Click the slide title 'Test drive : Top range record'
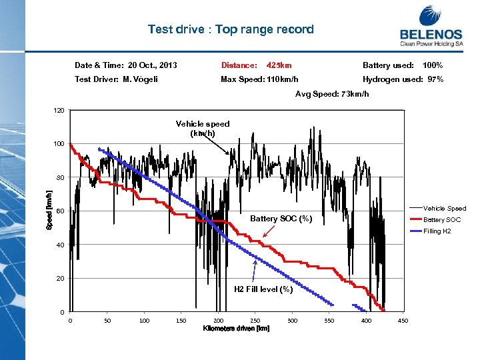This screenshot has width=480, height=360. tap(231, 29)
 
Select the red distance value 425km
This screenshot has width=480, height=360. tap(279, 65)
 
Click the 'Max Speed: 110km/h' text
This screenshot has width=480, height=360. tap(259, 79)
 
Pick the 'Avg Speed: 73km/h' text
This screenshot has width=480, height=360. tap(332, 94)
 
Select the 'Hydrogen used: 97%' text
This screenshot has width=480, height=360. tap(403, 79)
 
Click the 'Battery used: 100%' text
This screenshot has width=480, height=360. tap(403, 65)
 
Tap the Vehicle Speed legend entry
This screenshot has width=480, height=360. tap(445, 209)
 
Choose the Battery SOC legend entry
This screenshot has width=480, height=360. tap(442, 220)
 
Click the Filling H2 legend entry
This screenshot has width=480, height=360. tap(437, 231)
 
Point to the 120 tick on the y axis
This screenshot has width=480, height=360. tap(59, 110)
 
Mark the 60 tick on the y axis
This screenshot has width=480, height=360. tap(60, 211)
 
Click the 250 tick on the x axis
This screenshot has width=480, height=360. tap(255, 321)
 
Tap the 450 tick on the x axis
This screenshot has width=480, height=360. tap(403, 321)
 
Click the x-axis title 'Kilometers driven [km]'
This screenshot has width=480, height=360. tap(236, 329)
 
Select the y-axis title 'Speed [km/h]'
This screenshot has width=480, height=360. tap(49, 211)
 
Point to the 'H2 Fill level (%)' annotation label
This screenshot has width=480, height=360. tap(263, 289)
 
